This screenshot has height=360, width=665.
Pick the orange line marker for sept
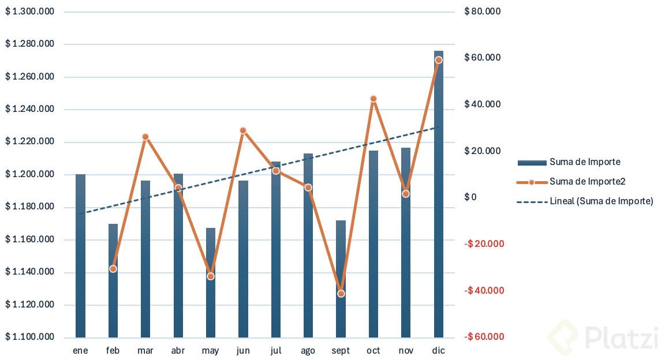[x=341, y=294]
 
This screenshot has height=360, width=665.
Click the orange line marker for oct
[x=373, y=99]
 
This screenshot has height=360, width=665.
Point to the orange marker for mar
[x=145, y=137]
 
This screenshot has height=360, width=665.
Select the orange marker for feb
[x=113, y=269]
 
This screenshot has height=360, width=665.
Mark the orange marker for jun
[x=243, y=130]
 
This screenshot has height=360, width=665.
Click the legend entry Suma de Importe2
[x=588, y=182]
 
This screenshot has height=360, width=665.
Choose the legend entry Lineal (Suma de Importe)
[x=601, y=201]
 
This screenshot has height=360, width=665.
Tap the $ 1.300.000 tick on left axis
[x=30, y=12]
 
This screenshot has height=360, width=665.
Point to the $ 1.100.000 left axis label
[x=30, y=337]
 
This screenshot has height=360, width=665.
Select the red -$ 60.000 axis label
[x=484, y=337]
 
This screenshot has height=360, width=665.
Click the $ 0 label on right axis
[x=470, y=197]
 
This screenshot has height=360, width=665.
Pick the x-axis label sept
[x=341, y=351]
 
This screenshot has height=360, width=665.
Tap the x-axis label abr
[x=178, y=351]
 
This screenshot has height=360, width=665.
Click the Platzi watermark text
[x=621, y=337]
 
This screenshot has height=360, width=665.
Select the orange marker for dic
[x=439, y=60]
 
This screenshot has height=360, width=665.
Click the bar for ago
[x=308, y=260]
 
